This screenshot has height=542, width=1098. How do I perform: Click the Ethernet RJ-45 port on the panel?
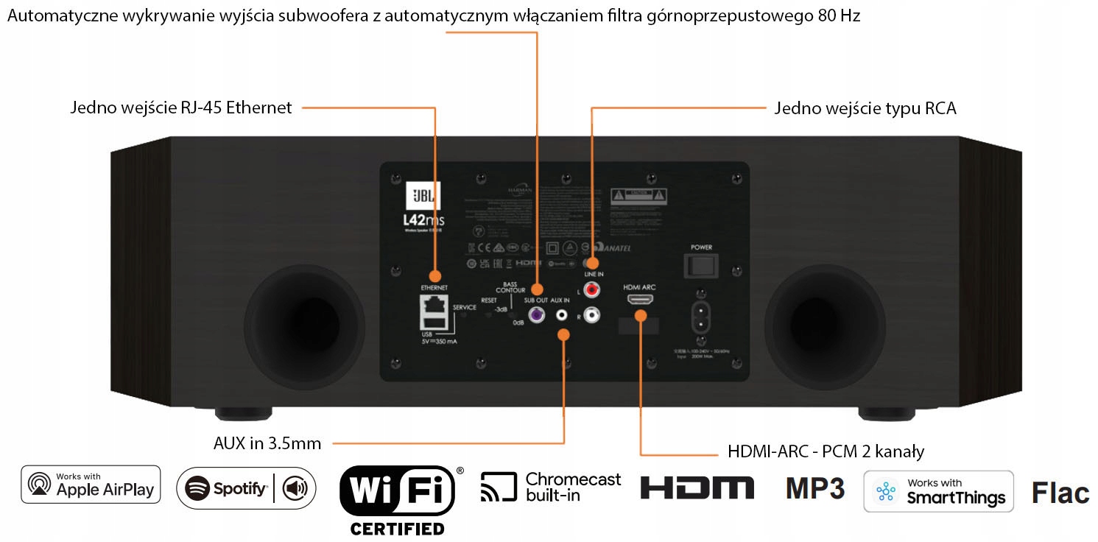click(x=434, y=303)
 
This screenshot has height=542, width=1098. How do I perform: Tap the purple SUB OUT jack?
click(x=537, y=315)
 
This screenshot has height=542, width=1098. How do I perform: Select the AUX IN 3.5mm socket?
click(x=563, y=315)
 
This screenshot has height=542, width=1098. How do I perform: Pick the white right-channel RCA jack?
click(x=591, y=316)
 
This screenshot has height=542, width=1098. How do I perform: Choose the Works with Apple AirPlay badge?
click(x=91, y=485)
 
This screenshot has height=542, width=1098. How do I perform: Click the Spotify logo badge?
click(x=246, y=488)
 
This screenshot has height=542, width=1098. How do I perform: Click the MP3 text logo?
click(x=815, y=488)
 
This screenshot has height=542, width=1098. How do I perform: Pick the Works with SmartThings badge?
click(x=938, y=491)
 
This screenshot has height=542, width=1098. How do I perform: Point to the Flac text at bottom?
click(x=1060, y=493)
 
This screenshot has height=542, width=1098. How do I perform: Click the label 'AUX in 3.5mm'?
click(x=267, y=443)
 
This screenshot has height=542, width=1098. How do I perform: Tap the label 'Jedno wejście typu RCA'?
click(x=865, y=109)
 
